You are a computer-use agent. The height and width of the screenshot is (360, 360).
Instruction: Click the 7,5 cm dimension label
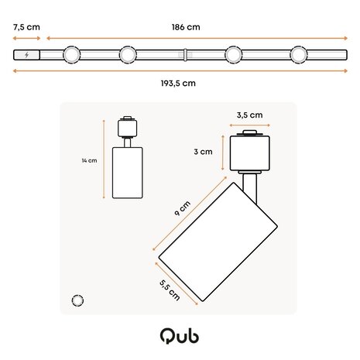pyautogui.click(x=27, y=26)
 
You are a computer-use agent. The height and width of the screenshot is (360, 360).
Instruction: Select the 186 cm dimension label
pyautogui.click(x=187, y=26)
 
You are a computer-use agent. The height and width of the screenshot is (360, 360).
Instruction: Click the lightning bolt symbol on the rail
pyautogui.click(x=28, y=55)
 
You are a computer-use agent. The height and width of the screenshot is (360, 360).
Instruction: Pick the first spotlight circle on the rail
pyautogui.click(x=72, y=55)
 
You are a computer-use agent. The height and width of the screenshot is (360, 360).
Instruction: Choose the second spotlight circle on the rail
pyautogui.click(x=127, y=55)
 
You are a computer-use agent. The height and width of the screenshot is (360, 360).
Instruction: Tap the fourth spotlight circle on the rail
pyautogui.click(x=300, y=55)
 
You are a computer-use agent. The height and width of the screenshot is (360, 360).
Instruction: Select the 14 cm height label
pyautogui.click(x=90, y=161)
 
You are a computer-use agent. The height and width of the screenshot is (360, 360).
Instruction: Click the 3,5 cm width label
pyautogui.click(x=249, y=115)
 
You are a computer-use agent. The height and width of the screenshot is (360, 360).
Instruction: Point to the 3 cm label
pyautogui.click(x=203, y=152)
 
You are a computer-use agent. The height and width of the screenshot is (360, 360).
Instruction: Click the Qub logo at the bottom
pyautogui.click(x=180, y=335)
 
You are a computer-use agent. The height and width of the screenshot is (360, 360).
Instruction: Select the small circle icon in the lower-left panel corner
pyautogui.click(x=77, y=300)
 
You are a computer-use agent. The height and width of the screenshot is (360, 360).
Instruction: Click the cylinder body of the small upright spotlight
pyautogui.click(x=125, y=174)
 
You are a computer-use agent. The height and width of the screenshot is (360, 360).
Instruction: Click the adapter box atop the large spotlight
pyautogui.click(x=249, y=150)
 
